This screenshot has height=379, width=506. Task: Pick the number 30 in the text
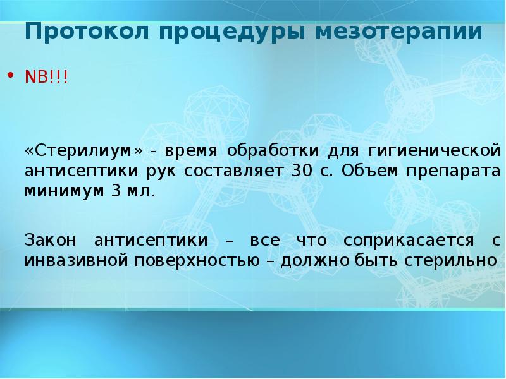coord(299,171)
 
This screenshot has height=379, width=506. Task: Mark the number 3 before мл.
coord(116,191)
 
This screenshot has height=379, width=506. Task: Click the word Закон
coord(50,241)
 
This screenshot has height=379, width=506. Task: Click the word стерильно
coord(459,260)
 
